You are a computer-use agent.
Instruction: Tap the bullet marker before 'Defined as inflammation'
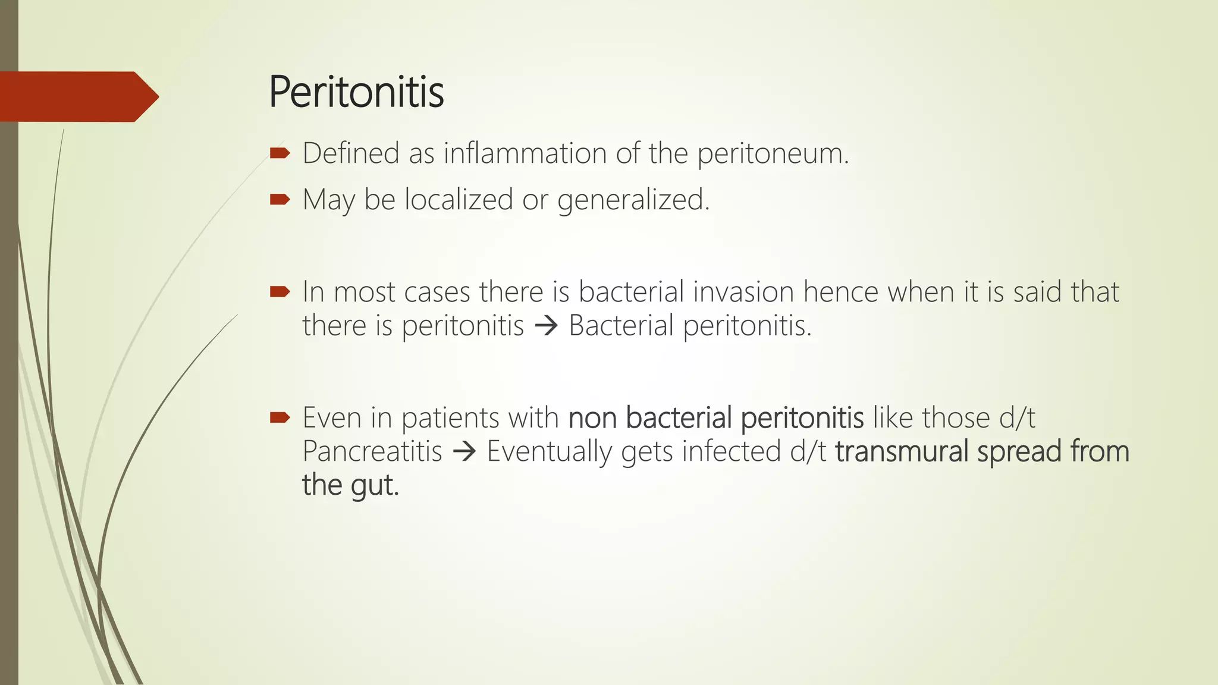(x=280, y=153)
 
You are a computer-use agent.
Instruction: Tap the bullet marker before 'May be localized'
(x=280, y=199)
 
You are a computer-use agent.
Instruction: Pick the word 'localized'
(x=459, y=199)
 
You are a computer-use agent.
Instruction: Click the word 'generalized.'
(x=633, y=200)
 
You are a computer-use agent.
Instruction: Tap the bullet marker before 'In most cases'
(x=280, y=291)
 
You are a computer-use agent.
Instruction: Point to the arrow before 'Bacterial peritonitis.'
(x=546, y=326)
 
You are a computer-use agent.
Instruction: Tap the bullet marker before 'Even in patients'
(x=280, y=417)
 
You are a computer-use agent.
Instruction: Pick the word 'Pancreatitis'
(x=372, y=451)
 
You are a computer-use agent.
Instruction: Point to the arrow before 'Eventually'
(x=464, y=452)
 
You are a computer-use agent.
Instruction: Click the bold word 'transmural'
(x=901, y=451)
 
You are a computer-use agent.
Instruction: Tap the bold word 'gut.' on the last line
(x=374, y=486)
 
